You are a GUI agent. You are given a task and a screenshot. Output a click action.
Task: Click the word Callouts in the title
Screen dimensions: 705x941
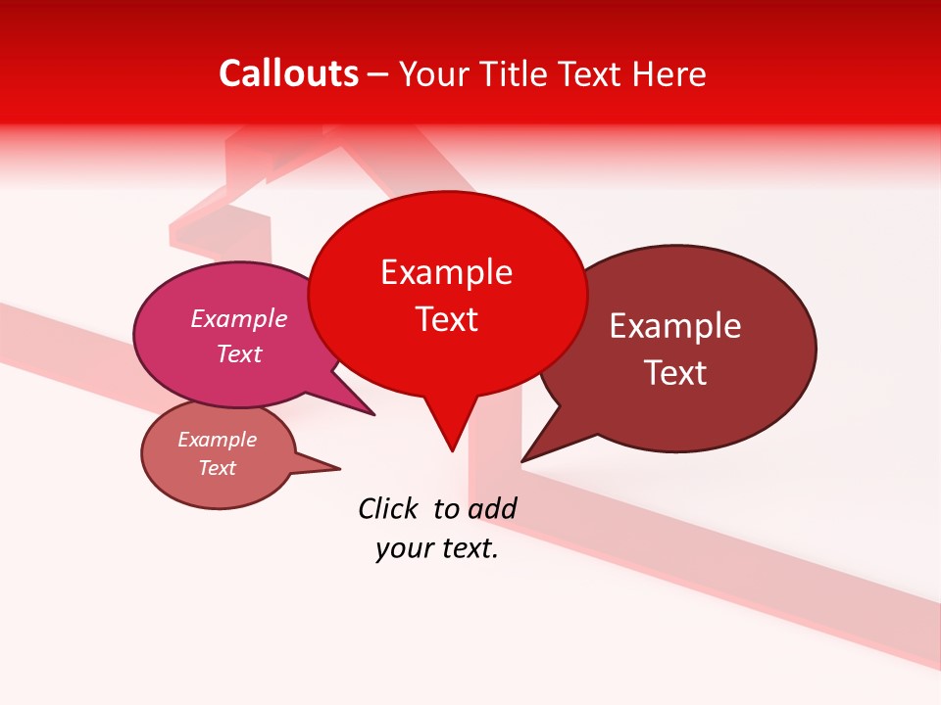tap(288, 73)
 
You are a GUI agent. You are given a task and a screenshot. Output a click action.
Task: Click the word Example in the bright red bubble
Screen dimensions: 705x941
tap(446, 272)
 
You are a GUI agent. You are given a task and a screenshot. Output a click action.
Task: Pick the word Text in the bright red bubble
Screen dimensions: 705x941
tap(446, 319)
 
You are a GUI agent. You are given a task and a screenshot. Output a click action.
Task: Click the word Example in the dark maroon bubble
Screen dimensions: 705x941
tap(675, 326)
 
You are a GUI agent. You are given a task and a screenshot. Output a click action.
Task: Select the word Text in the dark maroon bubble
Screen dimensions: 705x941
tap(675, 373)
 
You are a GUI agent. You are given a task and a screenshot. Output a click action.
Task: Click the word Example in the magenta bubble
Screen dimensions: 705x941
tap(239, 318)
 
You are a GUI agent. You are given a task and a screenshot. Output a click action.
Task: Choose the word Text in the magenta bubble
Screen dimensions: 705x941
tap(239, 353)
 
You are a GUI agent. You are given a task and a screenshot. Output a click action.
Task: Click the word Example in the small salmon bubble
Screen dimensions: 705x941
tap(218, 440)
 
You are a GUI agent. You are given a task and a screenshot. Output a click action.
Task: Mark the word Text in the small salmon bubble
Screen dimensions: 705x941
tap(218, 468)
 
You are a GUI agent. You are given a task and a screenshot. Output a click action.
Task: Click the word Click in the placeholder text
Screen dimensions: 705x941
tap(388, 508)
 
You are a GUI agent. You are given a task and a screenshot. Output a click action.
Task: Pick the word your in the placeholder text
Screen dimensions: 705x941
tap(402, 548)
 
